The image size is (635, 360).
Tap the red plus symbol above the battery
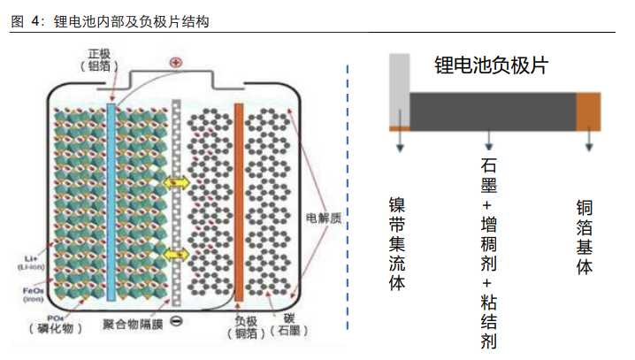click(x=175, y=63)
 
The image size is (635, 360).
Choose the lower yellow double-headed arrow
click(x=176, y=253)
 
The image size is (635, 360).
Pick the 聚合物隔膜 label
click(x=130, y=324)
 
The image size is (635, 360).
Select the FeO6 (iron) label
click(x=30, y=291)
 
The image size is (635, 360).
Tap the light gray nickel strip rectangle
click(x=399, y=88)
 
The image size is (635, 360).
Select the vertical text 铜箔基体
click(x=585, y=237)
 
